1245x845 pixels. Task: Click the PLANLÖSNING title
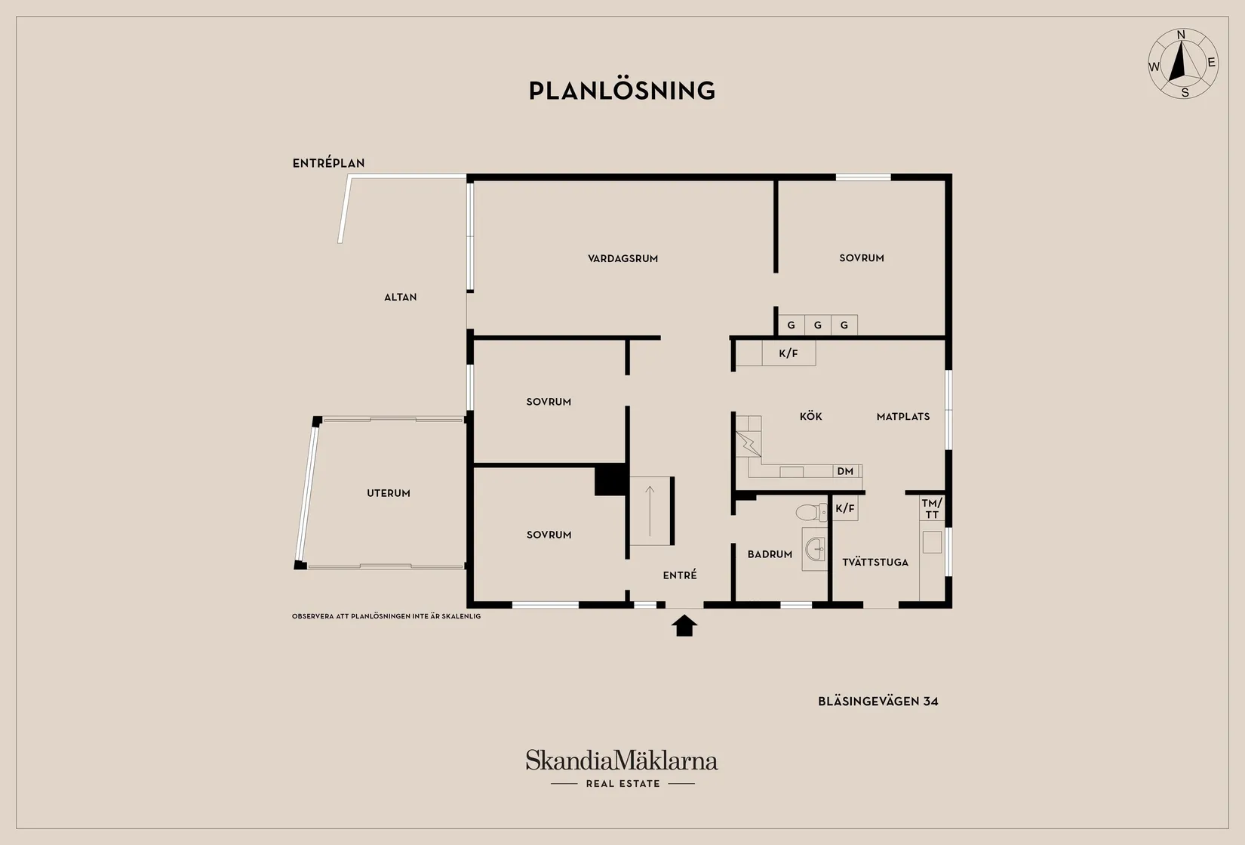(622, 91)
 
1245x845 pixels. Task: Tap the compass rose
(1183, 64)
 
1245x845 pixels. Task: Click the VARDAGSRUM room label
(622, 258)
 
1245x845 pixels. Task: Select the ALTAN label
(400, 297)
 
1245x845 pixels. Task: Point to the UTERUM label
(389, 493)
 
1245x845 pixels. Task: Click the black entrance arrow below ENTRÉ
(684, 625)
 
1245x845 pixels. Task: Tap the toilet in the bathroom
(811, 512)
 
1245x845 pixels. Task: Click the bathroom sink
(816, 548)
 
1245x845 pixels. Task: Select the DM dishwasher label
(845, 471)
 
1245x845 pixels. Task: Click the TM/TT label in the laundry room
(932, 509)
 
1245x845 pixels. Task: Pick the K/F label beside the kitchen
(788, 353)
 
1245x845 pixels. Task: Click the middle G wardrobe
(818, 325)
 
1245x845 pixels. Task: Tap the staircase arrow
(650, 511)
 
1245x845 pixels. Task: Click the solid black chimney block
(611, 480)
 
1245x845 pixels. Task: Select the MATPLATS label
(903, 417)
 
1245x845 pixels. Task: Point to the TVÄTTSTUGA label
(875, 563)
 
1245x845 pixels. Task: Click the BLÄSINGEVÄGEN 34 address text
(878, 702)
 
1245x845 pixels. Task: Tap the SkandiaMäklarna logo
(622, 769)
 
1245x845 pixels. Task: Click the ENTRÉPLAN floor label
(328, 163)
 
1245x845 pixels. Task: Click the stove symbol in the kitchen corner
(748, 444)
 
